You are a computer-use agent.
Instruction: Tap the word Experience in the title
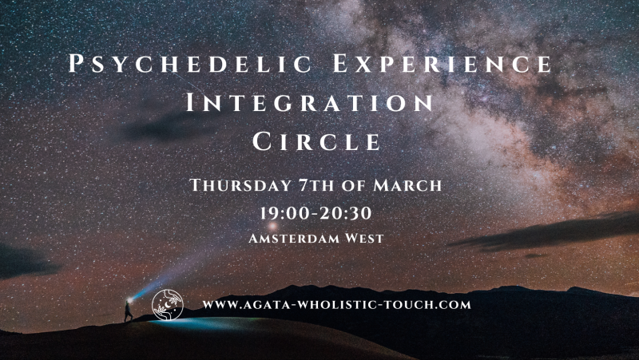(426, 64)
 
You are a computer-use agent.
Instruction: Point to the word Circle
(316, 142)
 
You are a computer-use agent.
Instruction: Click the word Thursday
(240, 185)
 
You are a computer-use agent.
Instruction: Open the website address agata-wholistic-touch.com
(336, 304)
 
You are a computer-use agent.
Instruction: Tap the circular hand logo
(168, 304)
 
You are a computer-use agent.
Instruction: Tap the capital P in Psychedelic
(76, 64)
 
